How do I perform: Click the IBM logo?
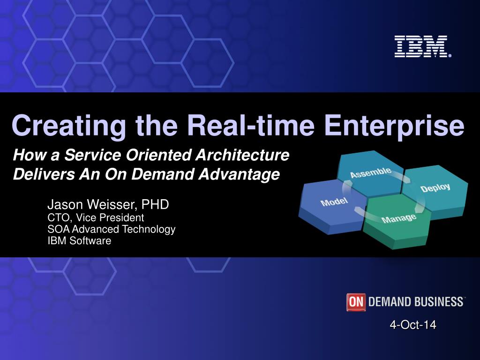click(423, 46)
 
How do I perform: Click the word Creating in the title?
click(68, 126)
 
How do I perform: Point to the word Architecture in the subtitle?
click(242, 155)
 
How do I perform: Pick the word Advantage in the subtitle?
click(239, 174)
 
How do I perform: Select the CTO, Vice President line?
click(96, 217)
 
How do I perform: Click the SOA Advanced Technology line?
click(112, 229)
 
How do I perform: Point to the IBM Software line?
click(79, 240)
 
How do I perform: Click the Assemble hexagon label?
click(371, 172)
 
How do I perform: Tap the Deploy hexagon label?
click(435, 188)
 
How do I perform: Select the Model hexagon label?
click(334, 202)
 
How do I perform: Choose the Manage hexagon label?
click(399, 218)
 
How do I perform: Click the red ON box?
click(356, 302)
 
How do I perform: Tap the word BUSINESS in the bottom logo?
click(439, 302)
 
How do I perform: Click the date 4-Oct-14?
click(413, 325)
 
